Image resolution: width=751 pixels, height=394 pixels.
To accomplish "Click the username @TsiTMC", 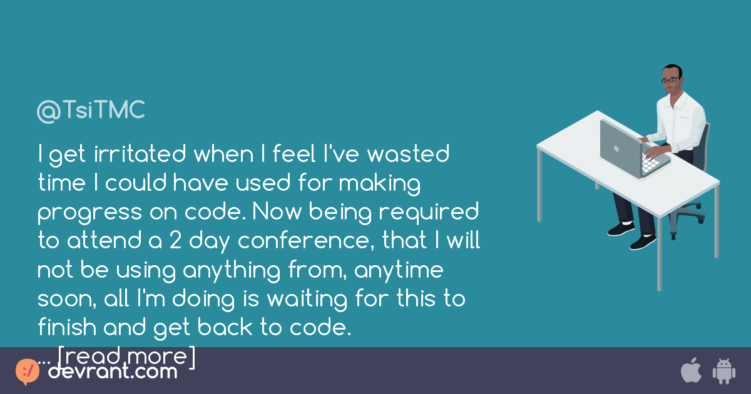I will pos(91,111).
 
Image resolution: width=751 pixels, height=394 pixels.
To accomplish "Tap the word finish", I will pos(65,328).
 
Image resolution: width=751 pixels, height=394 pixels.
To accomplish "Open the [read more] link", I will pos(127,356).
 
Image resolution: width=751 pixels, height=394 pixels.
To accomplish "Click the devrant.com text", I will pos(113,371).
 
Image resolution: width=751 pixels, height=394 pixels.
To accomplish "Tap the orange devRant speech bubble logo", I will pos(28,371).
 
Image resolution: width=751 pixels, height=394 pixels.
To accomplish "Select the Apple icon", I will pos(690,370).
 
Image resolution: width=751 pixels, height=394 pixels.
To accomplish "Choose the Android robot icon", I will pos(723,371).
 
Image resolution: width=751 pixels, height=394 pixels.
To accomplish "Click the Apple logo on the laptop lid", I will pos(616,149).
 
